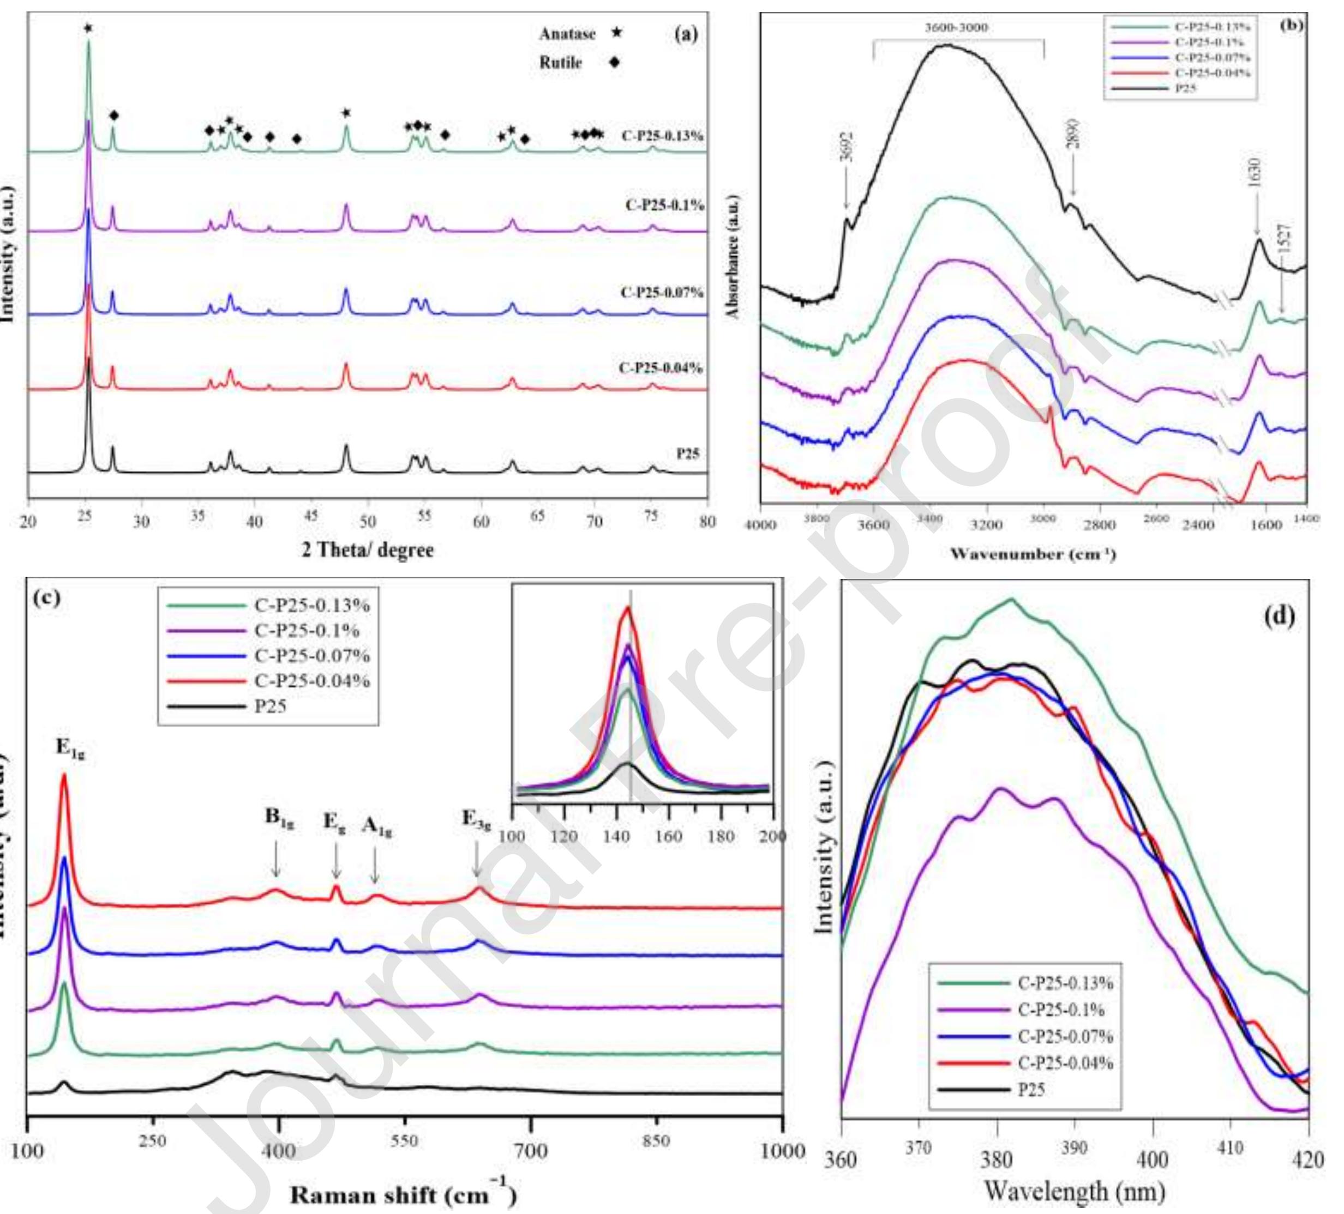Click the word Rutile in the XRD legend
(x=561, y=63)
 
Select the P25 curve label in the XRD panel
(x=687, y=454)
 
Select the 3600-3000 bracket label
(x=957, y=28)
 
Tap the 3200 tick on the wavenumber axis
(x=986, y=525)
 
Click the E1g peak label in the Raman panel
(x=70, y=749)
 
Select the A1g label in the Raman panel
(x=377, y=826)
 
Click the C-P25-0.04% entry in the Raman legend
(x=312, y=681)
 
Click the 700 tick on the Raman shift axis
(x=531, y=1151)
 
